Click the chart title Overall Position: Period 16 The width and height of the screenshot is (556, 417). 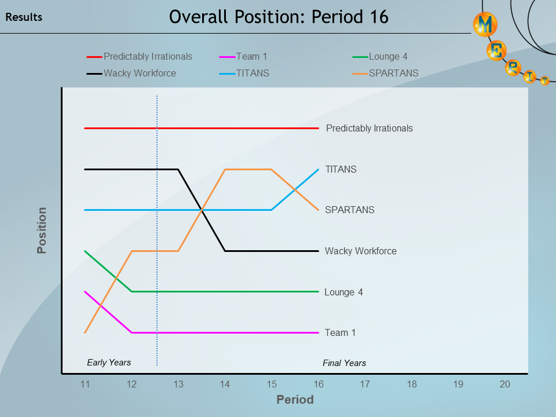279,17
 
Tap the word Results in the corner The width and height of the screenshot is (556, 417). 24,17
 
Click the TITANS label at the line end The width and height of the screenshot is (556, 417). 341,170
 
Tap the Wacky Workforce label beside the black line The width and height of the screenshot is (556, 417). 361,251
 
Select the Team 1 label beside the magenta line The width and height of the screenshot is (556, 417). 341,333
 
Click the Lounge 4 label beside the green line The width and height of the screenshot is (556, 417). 343,292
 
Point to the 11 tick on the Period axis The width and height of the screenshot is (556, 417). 85,384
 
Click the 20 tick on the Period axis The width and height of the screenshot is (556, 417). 505,384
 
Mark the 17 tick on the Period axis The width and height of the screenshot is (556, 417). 365,384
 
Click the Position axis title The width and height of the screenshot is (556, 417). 42,231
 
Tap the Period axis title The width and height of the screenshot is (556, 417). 295,400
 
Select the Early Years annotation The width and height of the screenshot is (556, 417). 109,363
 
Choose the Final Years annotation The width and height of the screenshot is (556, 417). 344,363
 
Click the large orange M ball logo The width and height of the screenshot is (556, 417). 485,25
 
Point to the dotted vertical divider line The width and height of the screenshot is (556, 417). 157,232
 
